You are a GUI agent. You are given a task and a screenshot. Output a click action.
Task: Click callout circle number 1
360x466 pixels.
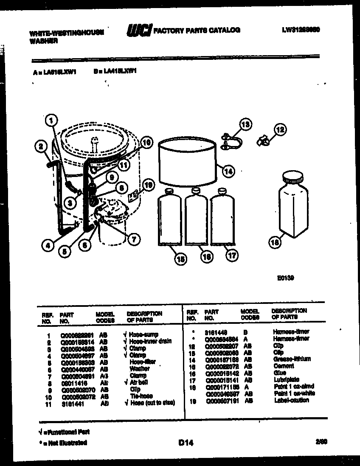(51, 120)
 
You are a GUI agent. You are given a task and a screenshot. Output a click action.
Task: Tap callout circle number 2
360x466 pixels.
(40, 147)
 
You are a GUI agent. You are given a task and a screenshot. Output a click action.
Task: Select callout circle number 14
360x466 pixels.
(228, 171)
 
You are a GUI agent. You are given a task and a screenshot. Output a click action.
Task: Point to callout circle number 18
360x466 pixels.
(275, 242)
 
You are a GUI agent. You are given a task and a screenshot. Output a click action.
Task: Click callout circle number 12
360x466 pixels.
(280, 129)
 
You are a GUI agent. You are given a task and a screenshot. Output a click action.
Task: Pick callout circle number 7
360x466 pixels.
(133, 239)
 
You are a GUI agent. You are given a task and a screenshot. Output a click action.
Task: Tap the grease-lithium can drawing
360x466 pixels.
(187, 163)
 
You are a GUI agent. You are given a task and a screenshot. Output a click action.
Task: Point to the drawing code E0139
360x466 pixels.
(286, 278)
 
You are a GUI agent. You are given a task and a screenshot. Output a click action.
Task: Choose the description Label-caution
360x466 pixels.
(291, 400)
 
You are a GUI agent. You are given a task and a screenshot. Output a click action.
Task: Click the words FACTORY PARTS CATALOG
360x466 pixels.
(196, 30)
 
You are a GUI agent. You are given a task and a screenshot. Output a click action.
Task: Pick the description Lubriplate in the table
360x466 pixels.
(286, 380)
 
